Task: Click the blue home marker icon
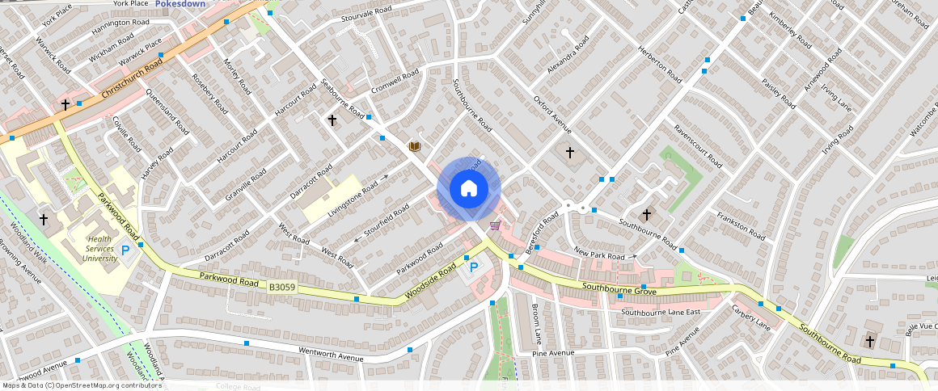(x=469, y=189)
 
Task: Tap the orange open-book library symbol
(x=415, y=146)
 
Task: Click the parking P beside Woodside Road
(x=474, y=267)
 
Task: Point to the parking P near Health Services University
(x=125, y=251)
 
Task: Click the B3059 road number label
(x=282, y=287)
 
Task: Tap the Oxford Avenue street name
(x=552, y=115)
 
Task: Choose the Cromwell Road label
(x=395, y=82)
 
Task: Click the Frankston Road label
(x=741, y=225)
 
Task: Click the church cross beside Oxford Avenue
(x=569, y=152)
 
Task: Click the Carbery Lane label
(x=751, y=317)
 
